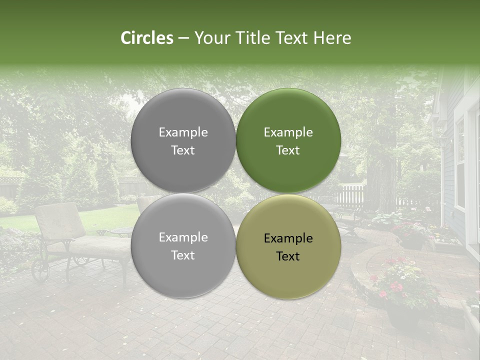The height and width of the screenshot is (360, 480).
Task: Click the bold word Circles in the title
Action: tap(147, 38)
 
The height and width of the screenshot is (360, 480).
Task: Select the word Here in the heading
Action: tap(332, 38)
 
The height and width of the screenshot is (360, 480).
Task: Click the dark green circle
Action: tap(288, 140)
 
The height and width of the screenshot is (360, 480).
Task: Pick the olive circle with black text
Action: tap(288, 246)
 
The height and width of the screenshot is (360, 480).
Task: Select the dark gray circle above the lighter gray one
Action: tap(183, 140)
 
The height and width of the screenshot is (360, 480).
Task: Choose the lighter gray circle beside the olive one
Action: tap(183, 245)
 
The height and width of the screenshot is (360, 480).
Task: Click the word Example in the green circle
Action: tap(288, 132)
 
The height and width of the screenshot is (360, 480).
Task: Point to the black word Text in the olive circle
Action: tap(288, 256)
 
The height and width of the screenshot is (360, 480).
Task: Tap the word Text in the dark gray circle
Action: tap(183, 150)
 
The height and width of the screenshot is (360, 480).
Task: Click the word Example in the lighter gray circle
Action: tap(183, 237)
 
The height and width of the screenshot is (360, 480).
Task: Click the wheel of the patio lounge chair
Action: tap(40, 270)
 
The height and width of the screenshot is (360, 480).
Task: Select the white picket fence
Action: tap(350, 195)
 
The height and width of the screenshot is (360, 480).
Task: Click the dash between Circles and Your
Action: tap(183, 38)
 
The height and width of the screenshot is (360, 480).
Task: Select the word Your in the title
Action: tap(211, 38)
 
